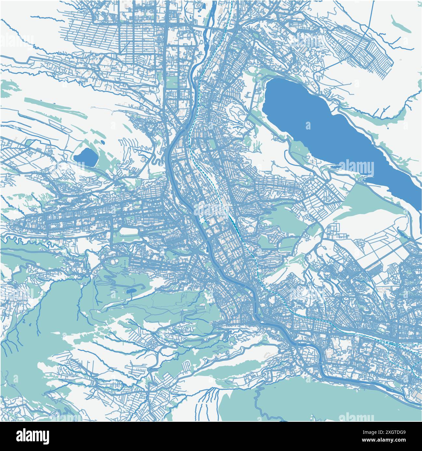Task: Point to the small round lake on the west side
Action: pyautogui.click(x=86, y=157)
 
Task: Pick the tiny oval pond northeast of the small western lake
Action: pyautogui.click(x=103, y=142)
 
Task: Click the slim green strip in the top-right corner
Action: pyautogui.click(x=401, y=24)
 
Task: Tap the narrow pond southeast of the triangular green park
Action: pyautogui.click(x=402, y=232)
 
